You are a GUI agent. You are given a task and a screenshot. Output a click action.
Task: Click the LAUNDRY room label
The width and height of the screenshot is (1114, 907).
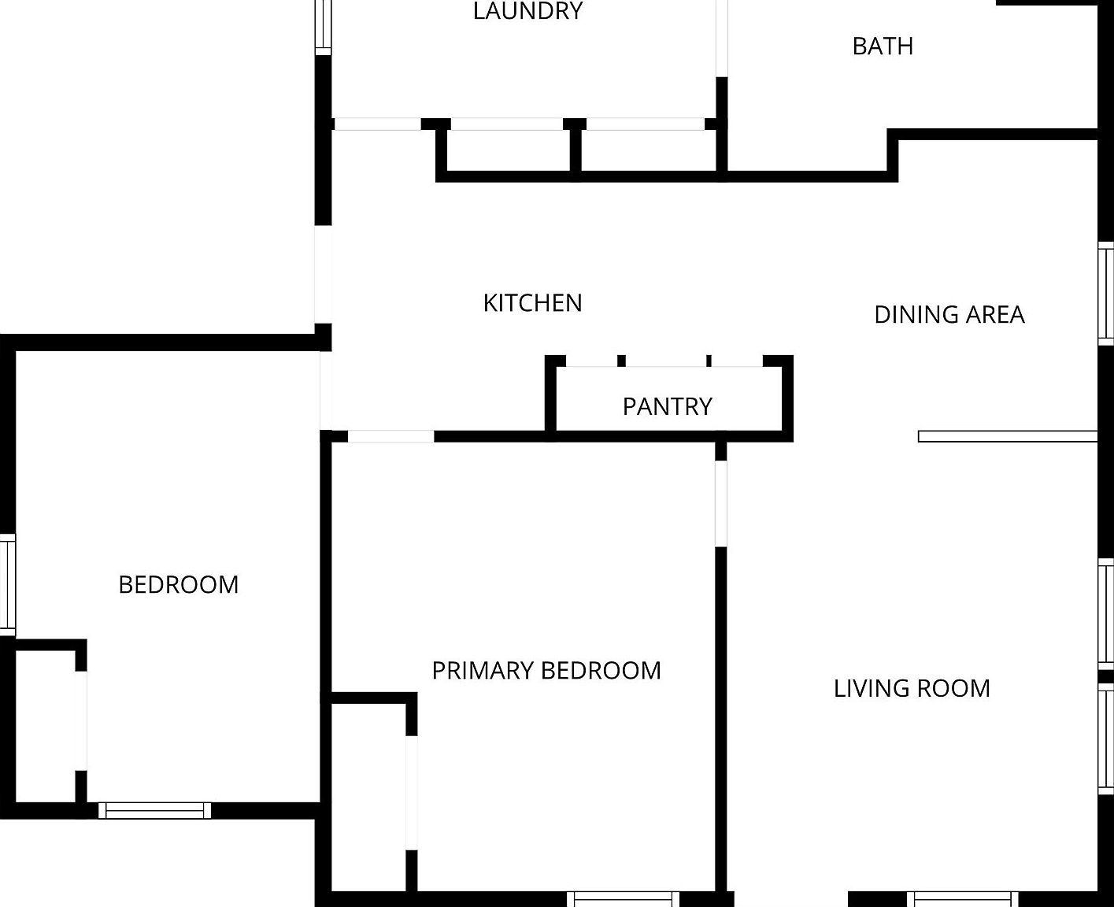[527, 10]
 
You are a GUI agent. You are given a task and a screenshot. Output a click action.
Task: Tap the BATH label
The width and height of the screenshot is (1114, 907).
[883, 46]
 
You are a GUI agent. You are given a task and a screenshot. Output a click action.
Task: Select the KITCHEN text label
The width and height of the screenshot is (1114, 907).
[532, 303]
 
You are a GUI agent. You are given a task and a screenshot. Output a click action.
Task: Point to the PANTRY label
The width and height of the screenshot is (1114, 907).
[668, 406]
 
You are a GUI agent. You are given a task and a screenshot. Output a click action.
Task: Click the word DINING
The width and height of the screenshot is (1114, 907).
[917, 314]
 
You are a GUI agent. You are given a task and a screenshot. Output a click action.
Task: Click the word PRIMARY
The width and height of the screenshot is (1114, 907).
[483, 671]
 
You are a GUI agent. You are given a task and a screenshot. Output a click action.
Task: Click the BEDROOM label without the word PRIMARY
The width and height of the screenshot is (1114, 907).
[179, 585]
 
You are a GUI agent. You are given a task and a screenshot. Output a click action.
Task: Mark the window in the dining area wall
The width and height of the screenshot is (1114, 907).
[1105, 294]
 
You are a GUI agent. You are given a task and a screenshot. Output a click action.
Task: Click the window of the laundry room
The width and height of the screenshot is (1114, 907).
[324, 28]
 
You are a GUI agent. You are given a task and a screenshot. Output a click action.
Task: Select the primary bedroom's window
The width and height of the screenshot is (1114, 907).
[623, 899]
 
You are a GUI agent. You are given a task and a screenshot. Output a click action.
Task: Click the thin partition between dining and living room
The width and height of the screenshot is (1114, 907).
[1007, 436]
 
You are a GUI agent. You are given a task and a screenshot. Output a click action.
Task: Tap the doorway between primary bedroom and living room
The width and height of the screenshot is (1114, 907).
[720, 504]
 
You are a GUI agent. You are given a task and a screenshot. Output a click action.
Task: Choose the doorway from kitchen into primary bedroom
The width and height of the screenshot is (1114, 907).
[390, 436]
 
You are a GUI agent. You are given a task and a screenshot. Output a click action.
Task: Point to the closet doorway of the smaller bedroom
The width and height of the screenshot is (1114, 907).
[81, 720]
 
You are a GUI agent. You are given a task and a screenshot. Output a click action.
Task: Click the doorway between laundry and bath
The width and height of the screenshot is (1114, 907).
[721, 39]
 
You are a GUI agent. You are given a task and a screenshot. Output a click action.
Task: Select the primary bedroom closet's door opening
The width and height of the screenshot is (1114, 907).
[412, 793]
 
